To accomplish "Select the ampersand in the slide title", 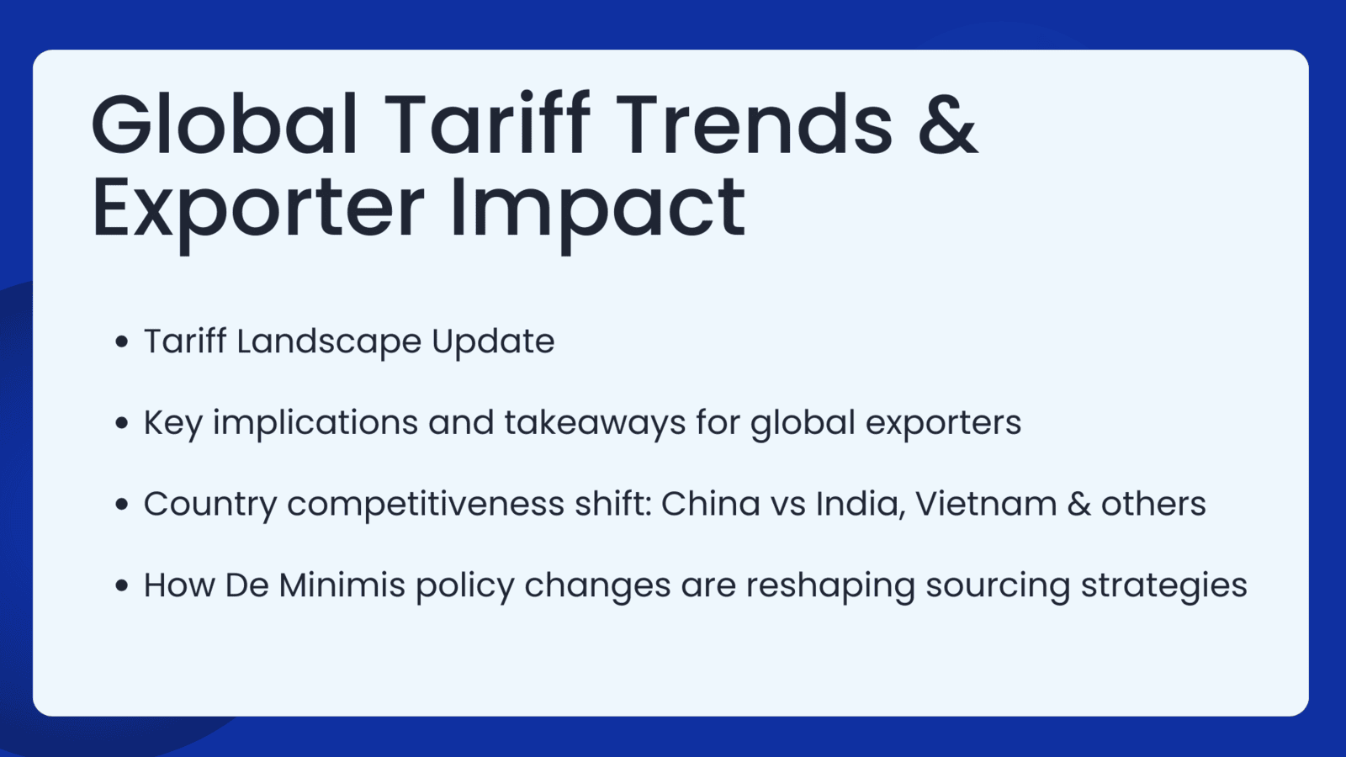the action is (948, 124).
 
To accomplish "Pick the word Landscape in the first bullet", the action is (329, 341).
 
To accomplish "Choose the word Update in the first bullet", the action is (493, 341).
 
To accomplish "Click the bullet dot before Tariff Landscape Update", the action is (122, 341).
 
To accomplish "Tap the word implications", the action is (315, 423).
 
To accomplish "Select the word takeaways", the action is (595, 422).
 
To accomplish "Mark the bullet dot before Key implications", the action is (122, 423).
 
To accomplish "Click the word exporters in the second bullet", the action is (943, 424).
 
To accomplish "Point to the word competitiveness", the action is (426, 504).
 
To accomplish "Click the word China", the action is (711, 504).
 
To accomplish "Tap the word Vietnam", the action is (986, 504).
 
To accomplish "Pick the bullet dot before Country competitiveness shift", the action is (122, 504).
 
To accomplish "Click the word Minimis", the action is (342, 585).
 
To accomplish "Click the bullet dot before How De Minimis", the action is (122, 585).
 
